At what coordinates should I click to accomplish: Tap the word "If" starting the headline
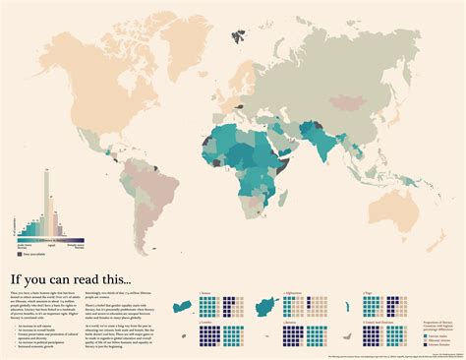coord(18,264)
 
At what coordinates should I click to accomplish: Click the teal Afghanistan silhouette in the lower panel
coord(268,306)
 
